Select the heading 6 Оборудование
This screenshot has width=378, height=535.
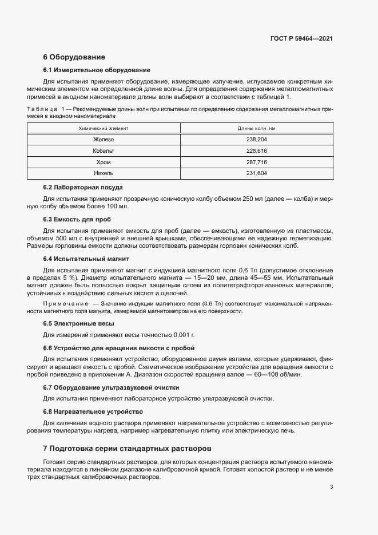pos(74,57)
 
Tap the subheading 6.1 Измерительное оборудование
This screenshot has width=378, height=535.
pos(97,70)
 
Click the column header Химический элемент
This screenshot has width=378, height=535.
pos(104,129)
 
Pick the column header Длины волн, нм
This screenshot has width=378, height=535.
pos(257,129)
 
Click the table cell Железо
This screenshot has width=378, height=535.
pos(104,140)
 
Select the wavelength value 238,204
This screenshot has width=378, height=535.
pos(257,140)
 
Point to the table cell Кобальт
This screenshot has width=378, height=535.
pos(104,151)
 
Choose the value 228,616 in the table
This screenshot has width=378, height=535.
pos(257,151)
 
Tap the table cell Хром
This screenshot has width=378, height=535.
pos(104,162)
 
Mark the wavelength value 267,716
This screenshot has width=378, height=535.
pos(257,162)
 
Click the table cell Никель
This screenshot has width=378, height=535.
pos(104,173)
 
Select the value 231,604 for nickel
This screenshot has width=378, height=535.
pos(257,173)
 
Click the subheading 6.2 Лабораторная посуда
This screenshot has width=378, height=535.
pos(83,187)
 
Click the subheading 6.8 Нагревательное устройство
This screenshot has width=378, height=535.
pos(93,411)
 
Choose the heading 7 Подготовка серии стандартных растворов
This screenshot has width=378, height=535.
pos(127,447)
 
